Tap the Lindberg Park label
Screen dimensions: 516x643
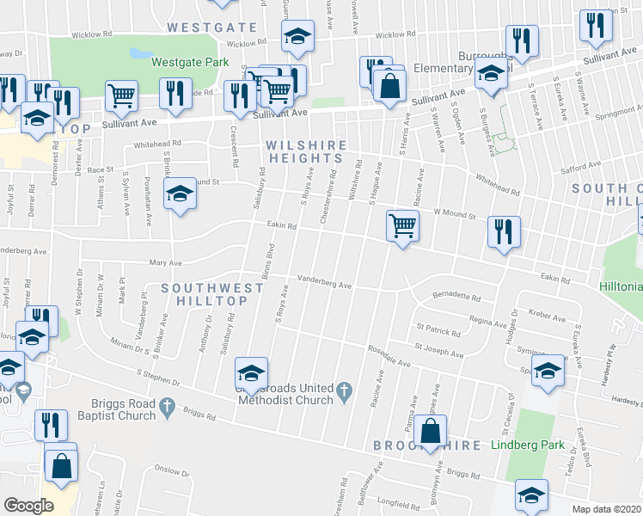pos(529,445)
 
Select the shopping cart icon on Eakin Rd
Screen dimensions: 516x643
pos(401,226)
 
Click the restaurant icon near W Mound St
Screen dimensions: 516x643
pos(503,232)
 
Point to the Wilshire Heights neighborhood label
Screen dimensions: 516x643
pos(306,152)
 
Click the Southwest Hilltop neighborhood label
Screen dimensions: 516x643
pos(199,293)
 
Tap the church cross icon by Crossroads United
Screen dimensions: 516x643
pos(344,392)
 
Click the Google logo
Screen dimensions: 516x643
pos(29,505)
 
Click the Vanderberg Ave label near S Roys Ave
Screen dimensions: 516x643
pos(325,281)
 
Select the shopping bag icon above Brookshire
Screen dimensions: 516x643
pos(432,430)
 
